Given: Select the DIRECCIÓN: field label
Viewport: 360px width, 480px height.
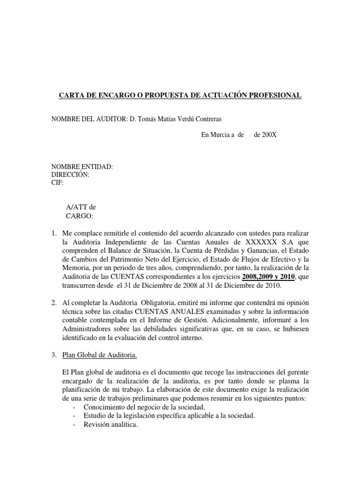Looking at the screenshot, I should [70, 175].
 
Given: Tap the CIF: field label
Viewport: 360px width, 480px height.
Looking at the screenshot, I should [57, 183].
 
